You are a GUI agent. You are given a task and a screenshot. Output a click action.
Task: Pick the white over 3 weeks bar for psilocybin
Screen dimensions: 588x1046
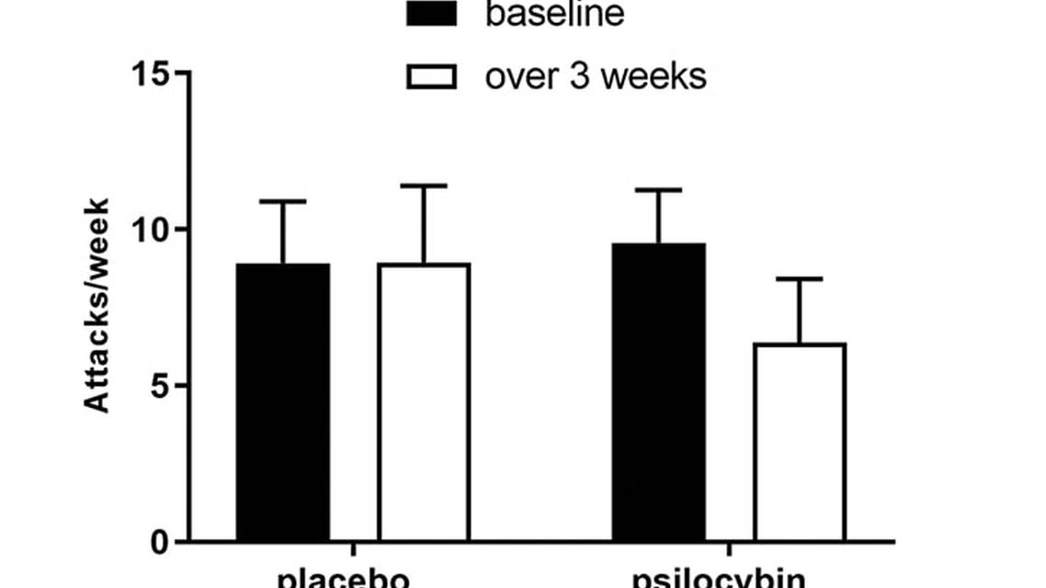(x=800, y=442)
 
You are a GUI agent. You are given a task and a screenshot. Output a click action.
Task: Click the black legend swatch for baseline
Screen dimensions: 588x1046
(x=431, y=13)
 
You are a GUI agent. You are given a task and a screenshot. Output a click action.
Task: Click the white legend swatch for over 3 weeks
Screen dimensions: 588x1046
(x=431, y=76)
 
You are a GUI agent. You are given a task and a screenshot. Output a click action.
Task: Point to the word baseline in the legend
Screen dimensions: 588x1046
(x=555, y=14)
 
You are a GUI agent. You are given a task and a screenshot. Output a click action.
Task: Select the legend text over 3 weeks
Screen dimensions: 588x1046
(x=596, y=76)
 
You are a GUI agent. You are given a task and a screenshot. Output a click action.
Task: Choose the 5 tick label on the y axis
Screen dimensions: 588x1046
(x=160, y=385)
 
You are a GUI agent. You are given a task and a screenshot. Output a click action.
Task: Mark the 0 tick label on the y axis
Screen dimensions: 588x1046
(x=160, y=542)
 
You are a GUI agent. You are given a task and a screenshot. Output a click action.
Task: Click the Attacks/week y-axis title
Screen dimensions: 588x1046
(x=97, y=306)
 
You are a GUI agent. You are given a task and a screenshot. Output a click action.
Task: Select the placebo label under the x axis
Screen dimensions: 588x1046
(x=342, y=579)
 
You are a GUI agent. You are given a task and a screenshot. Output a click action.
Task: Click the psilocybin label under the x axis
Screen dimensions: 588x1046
(x=720, y=579)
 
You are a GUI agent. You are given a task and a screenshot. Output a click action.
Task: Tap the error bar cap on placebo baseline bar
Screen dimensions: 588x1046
(x=282, y=201)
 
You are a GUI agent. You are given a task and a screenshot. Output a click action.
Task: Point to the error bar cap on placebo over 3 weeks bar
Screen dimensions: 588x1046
(x=424, y=186)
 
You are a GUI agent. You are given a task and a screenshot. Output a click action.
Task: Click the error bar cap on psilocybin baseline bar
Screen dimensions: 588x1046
(x=659, y=190)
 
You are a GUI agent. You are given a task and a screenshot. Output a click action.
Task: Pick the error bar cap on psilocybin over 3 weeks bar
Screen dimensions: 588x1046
(x=800, y=278)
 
